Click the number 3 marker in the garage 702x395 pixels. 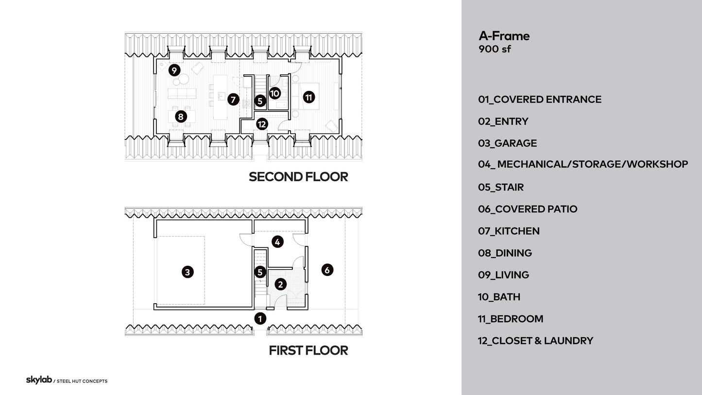click(x=188, y=272)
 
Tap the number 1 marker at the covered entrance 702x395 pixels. click(x=260, y=319)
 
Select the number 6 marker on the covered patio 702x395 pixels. click(x=327, y=270)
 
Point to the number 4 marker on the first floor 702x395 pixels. click(x=277, y=241)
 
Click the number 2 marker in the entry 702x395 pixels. click(x=280, y=284)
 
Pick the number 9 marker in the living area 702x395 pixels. click(x=174, y=70)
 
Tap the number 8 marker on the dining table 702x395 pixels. click(x=180, y=117)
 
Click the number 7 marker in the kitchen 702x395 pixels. click(x=233, y=100)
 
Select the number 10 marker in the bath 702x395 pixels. click(x=274, y=93)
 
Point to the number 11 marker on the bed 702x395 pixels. click(x=308, y=97)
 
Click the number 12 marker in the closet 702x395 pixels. click(x=262, y=124)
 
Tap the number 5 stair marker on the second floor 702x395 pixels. click(x=260, y=101)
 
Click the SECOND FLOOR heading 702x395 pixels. click(x=298, y=177)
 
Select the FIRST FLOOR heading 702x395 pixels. click(x=308, y=350)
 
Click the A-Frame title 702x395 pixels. click(x=504, y=36)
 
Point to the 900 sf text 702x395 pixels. click(x=495, y=49)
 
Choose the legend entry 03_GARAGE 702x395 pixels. click(x=507, y=143)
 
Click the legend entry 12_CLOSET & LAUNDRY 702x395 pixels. click(x=535, y=341)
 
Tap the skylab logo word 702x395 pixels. click(x=38, y=380)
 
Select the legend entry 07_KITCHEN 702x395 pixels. click(x=509, y=231)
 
